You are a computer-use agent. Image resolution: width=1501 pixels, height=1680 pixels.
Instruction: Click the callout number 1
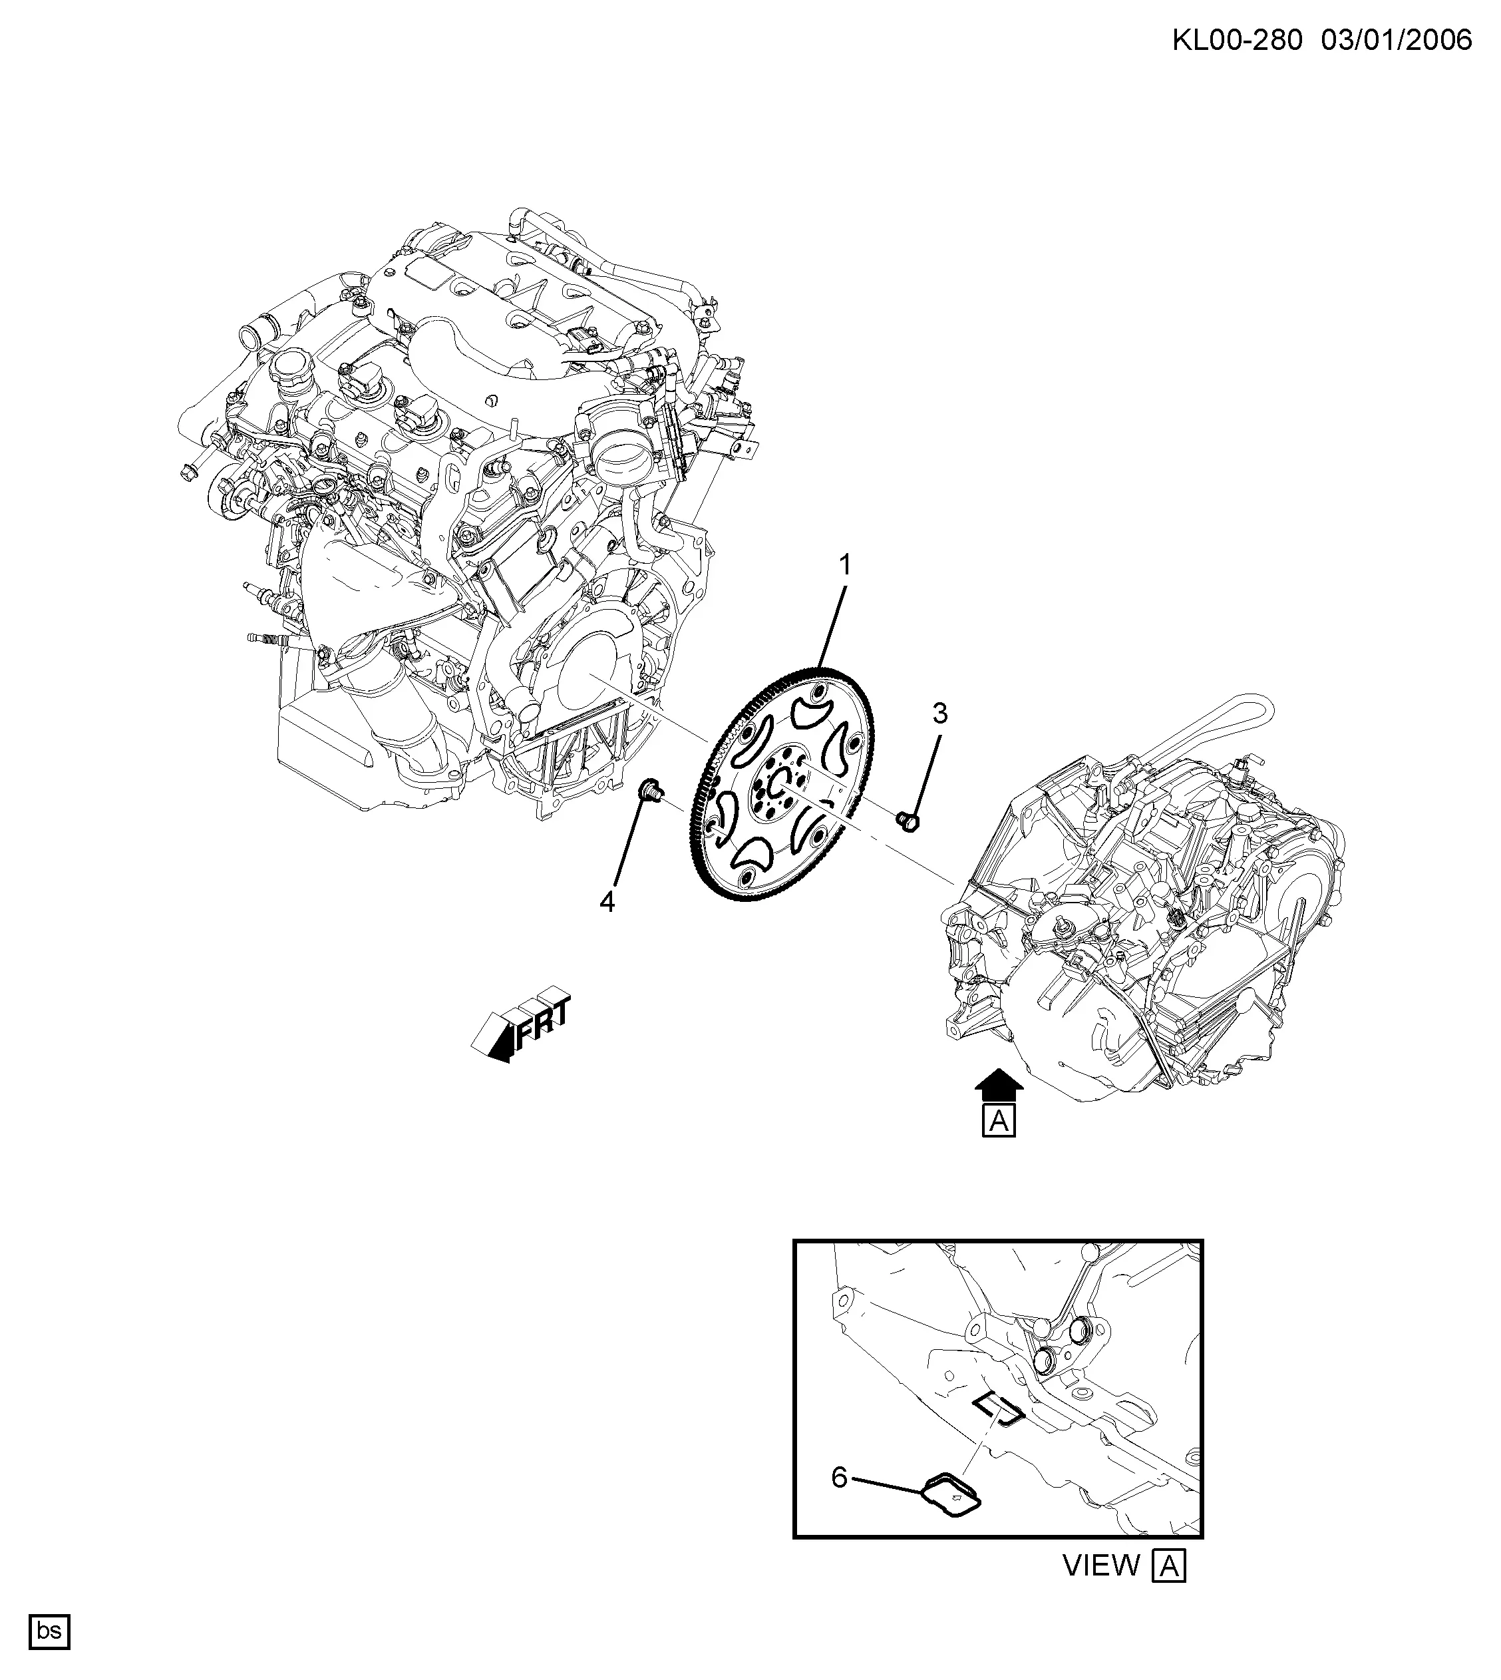[x=844, y=565]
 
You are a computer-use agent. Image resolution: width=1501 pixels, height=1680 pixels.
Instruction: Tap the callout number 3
[x=940, y=714]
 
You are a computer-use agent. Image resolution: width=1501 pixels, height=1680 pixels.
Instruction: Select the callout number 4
[x=607, y=903]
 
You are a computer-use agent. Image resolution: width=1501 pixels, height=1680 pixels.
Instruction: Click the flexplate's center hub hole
[x=780, y=783]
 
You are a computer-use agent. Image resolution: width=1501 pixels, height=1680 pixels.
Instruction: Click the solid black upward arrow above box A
[x=999, y=1084]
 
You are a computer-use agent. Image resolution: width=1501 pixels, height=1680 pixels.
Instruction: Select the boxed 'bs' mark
[x=49, y=1631]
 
